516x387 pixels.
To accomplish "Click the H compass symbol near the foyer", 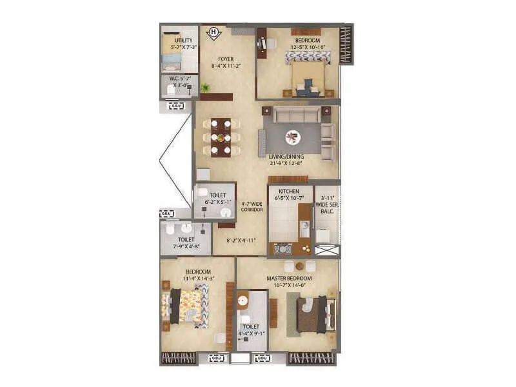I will coord(213,33).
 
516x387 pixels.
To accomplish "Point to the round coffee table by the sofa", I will coord(294,136).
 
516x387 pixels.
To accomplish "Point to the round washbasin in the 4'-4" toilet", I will coord(243,301).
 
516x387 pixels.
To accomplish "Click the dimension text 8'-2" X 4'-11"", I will coord(242,241).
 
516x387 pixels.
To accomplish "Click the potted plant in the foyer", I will coord(206,88).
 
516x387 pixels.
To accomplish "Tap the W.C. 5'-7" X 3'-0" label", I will coord(179,82).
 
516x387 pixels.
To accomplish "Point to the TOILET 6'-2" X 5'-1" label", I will coord(216,198).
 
